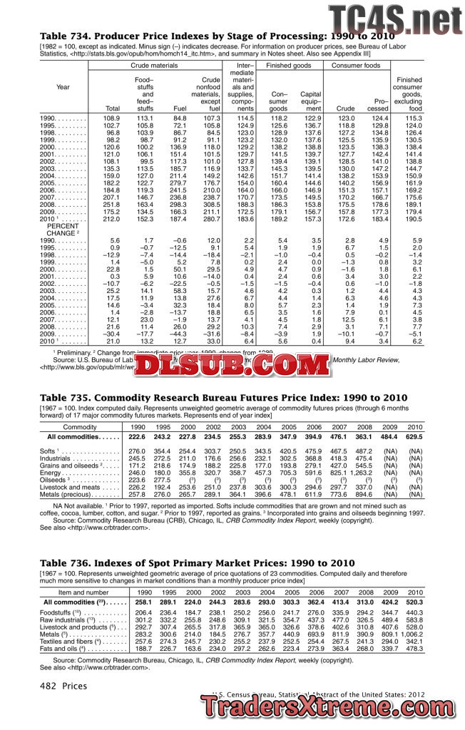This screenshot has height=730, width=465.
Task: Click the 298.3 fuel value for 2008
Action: (x=179, y=205)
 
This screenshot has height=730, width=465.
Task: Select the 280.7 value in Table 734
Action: (x=210, y=220)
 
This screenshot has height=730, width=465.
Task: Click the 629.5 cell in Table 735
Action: (x=414, y=436)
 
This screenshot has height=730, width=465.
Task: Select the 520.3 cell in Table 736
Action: (x=414, y=602)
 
